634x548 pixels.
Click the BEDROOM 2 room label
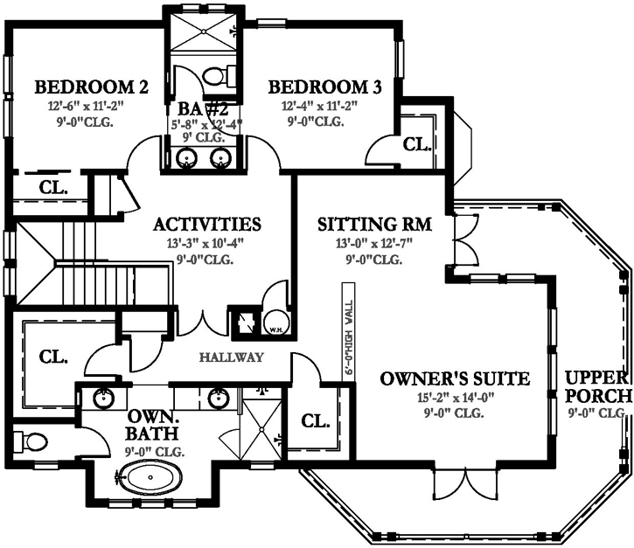[91, 87]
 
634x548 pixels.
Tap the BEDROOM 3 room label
[325, 87]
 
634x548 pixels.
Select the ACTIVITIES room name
[207, 224]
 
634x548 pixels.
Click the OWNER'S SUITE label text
[455, 378]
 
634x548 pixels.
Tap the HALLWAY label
[231, 357]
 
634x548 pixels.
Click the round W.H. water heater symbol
[274, 323]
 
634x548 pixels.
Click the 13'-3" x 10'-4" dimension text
[207, 244]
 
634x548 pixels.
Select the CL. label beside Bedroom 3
[416, 143]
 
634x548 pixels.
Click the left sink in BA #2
[186, 157]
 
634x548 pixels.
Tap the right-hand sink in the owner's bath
[218, 399]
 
